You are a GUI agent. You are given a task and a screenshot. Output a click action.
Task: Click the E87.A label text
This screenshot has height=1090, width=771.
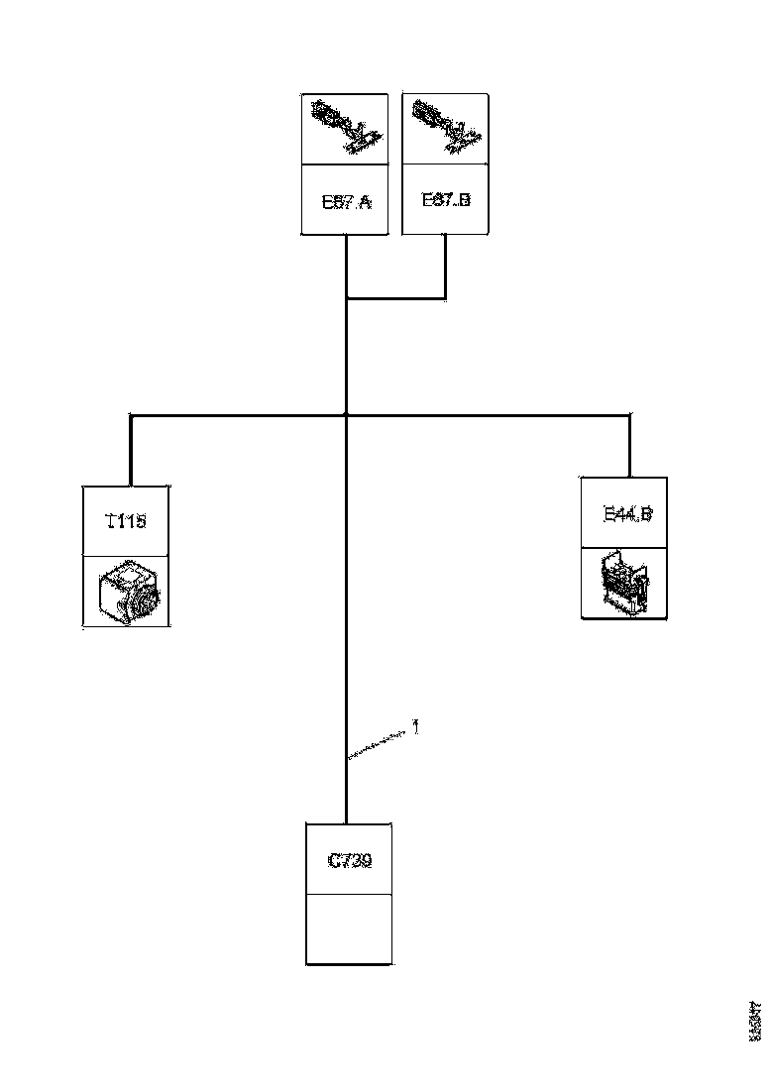[345, 203]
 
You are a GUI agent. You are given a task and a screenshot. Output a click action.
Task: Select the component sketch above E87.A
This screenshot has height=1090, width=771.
[344, 127]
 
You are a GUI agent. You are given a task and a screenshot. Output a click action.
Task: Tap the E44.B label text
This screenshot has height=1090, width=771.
[626, 514]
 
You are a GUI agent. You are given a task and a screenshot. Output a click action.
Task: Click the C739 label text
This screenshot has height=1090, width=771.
[349, 861]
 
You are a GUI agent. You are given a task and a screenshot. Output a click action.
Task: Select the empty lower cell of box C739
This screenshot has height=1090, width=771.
[349, 928]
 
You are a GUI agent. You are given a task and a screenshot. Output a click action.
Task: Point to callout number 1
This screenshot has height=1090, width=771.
[415, 728]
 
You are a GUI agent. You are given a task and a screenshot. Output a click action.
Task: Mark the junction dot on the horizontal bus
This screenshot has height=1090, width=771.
[346, 415]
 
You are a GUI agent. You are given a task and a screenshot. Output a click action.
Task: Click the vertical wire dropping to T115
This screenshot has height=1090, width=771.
[131, 451]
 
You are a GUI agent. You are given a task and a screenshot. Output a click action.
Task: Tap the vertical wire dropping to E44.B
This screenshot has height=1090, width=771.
[629, 446]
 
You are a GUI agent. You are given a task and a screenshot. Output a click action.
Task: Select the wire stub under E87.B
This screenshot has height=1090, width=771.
[445, 266]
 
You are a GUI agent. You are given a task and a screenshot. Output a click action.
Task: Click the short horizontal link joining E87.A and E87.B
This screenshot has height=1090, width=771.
[395, 296]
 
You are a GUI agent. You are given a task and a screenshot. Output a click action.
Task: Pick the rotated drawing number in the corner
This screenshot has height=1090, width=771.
[754, 1022]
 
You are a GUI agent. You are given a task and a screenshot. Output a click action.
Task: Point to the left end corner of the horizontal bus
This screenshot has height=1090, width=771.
[131, 416]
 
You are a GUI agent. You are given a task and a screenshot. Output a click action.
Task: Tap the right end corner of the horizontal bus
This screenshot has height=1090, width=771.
[629, 416]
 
